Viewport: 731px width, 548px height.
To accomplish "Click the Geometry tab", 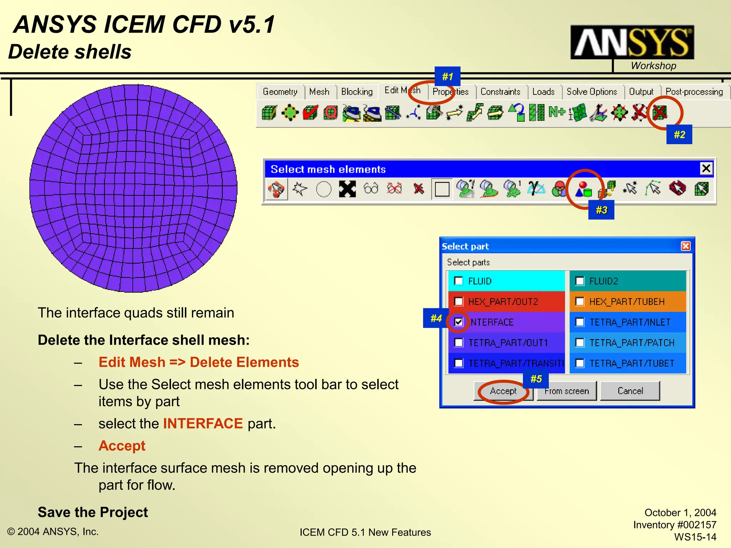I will (280, 92).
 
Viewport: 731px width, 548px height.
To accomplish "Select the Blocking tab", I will (357, 92).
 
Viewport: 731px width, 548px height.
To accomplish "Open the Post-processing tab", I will (694, 92).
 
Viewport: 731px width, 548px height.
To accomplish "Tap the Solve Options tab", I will (591, 92).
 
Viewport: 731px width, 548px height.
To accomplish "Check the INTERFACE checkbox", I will (459, 322).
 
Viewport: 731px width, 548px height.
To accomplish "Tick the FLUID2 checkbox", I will (580, 281).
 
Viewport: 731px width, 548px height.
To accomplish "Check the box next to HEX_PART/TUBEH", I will (580, 302).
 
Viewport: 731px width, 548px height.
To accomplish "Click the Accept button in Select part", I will (503, 391).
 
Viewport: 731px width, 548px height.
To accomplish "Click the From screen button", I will (566, 391).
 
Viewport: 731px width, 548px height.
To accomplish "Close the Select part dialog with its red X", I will (685, 246).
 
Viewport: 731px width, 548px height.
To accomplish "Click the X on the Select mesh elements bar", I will (706, 168).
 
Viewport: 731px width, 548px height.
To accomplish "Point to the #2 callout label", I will (679, 135).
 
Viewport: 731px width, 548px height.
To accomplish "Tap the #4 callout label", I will (436, 318).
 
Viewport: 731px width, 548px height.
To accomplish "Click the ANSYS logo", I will (632, 42).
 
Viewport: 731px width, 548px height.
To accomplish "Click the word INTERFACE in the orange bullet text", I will (203, 424).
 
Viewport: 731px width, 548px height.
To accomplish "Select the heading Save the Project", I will (93, 512).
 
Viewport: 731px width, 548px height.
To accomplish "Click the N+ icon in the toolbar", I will (556, 112).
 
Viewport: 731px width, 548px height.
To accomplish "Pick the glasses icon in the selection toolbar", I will (371, 188).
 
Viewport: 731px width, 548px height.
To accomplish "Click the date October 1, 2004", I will (680, 513).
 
